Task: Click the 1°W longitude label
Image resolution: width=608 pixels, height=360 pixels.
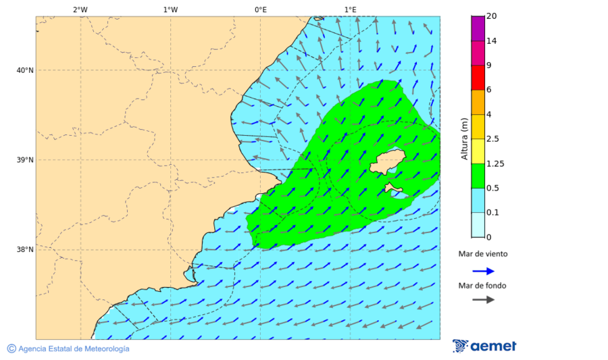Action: [x=170, y=9]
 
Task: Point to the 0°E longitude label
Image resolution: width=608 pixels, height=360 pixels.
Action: [x=260, y=9]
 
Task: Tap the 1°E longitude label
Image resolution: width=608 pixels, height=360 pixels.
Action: [x=350, y=9]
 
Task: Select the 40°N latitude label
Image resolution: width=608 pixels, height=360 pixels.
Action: [x=25, y=70]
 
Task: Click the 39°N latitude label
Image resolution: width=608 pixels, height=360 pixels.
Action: [x=25, y=160]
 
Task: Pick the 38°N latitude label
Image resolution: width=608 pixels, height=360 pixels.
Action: [x=25, y=250]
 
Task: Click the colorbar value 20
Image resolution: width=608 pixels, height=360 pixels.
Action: [x=492, y=16]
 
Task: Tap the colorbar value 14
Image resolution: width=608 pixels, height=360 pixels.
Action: [x=492, y=41]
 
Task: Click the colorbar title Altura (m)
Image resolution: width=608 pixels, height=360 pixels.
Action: [x=464, y=139]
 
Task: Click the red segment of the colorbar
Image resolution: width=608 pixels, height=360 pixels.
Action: [x=478, y=78]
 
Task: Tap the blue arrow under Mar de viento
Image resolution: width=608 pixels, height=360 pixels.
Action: [x=483, y=271]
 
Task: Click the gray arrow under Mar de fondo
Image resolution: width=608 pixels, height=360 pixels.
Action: [x=483, y=300]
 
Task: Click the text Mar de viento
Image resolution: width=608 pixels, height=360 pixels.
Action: [x=482, y=255]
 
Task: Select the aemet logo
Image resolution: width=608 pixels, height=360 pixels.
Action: [x=484, y=346]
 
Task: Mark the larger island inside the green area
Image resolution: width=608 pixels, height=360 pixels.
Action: [x=386, y=161]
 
